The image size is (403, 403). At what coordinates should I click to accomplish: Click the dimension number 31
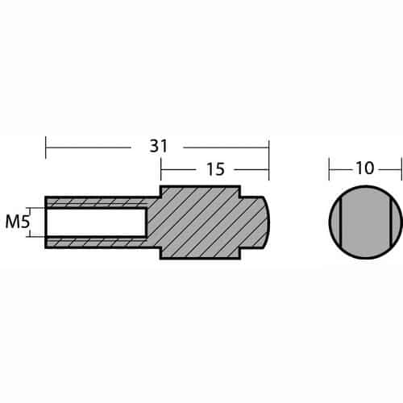pyautogui.click(x=159, y=147)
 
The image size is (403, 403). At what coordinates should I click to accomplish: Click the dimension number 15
pyautogui.click(x=215, y=169)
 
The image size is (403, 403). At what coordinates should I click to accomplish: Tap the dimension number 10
pyautogui.click(x=365, y=168)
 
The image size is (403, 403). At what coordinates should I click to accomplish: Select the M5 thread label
pyautogui.click(x=17, y=222)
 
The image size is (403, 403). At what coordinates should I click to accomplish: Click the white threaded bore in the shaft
pyautogui.click(x=96, y=222)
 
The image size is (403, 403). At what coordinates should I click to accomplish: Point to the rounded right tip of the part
pyautogui.click(x=266, y=222)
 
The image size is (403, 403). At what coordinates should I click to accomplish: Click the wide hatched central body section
pyautogui.click(x=200, y=222)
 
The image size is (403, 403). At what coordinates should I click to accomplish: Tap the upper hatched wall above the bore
pyautogui.click(x=98, y=201)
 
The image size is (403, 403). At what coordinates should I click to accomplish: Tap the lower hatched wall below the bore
pyautogui.click(x=98, y=243)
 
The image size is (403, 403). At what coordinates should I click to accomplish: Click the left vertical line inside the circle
pyautogui.click(x=340, y=222)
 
